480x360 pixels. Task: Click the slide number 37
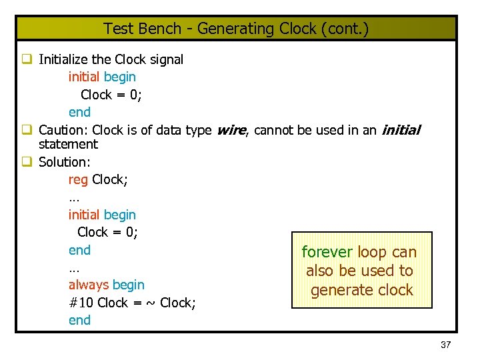(x=446, y=345)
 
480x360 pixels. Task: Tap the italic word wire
(x=231, y=130)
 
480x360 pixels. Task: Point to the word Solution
(x=65, y=161)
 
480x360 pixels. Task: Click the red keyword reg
(x=78, y=179)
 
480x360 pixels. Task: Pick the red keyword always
(x=88, y=285)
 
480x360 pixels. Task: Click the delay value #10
(x=81, y=303)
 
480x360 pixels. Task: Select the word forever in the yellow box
(x=327, y=252)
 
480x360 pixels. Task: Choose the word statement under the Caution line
(x=68, y=144)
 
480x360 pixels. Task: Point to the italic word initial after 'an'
(x=400, y=130)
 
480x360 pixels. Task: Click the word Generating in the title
(x=228, y=29)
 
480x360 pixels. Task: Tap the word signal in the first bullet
(x=167, y=59)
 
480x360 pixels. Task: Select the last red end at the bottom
(x=79, y=320)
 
